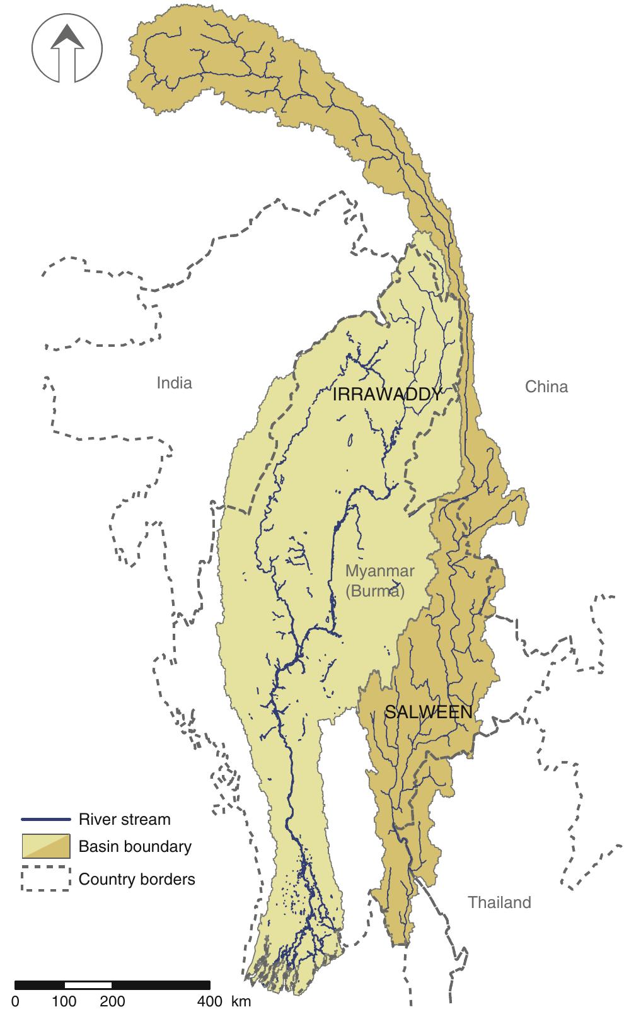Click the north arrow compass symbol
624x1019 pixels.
pos(67,51)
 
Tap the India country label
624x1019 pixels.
pos(174,383)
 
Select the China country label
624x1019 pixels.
pos(546,387)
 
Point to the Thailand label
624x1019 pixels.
pos(499,902)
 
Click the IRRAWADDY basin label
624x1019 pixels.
pos(387,395)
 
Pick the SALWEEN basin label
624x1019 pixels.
pos(428,713)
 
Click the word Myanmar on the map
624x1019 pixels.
pos(379,571)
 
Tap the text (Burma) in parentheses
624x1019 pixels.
pos(375,591)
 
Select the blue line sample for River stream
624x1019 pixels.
pos(45,820)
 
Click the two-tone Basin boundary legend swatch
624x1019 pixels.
pos(45,846)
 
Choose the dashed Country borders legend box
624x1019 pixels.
pos(45,878)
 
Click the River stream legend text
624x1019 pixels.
pos(124,820)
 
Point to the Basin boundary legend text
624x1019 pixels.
pos(134,846)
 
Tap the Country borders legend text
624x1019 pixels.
pos(137,879)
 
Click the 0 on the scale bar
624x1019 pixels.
pos(15,1001)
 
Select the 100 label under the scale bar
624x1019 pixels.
pos(64,1001)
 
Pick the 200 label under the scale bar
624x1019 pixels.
pos(113,1001)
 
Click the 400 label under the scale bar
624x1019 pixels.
pos(210,1001)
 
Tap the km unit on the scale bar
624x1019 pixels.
pos(240,1001)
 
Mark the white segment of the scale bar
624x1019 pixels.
pos(88,985)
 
